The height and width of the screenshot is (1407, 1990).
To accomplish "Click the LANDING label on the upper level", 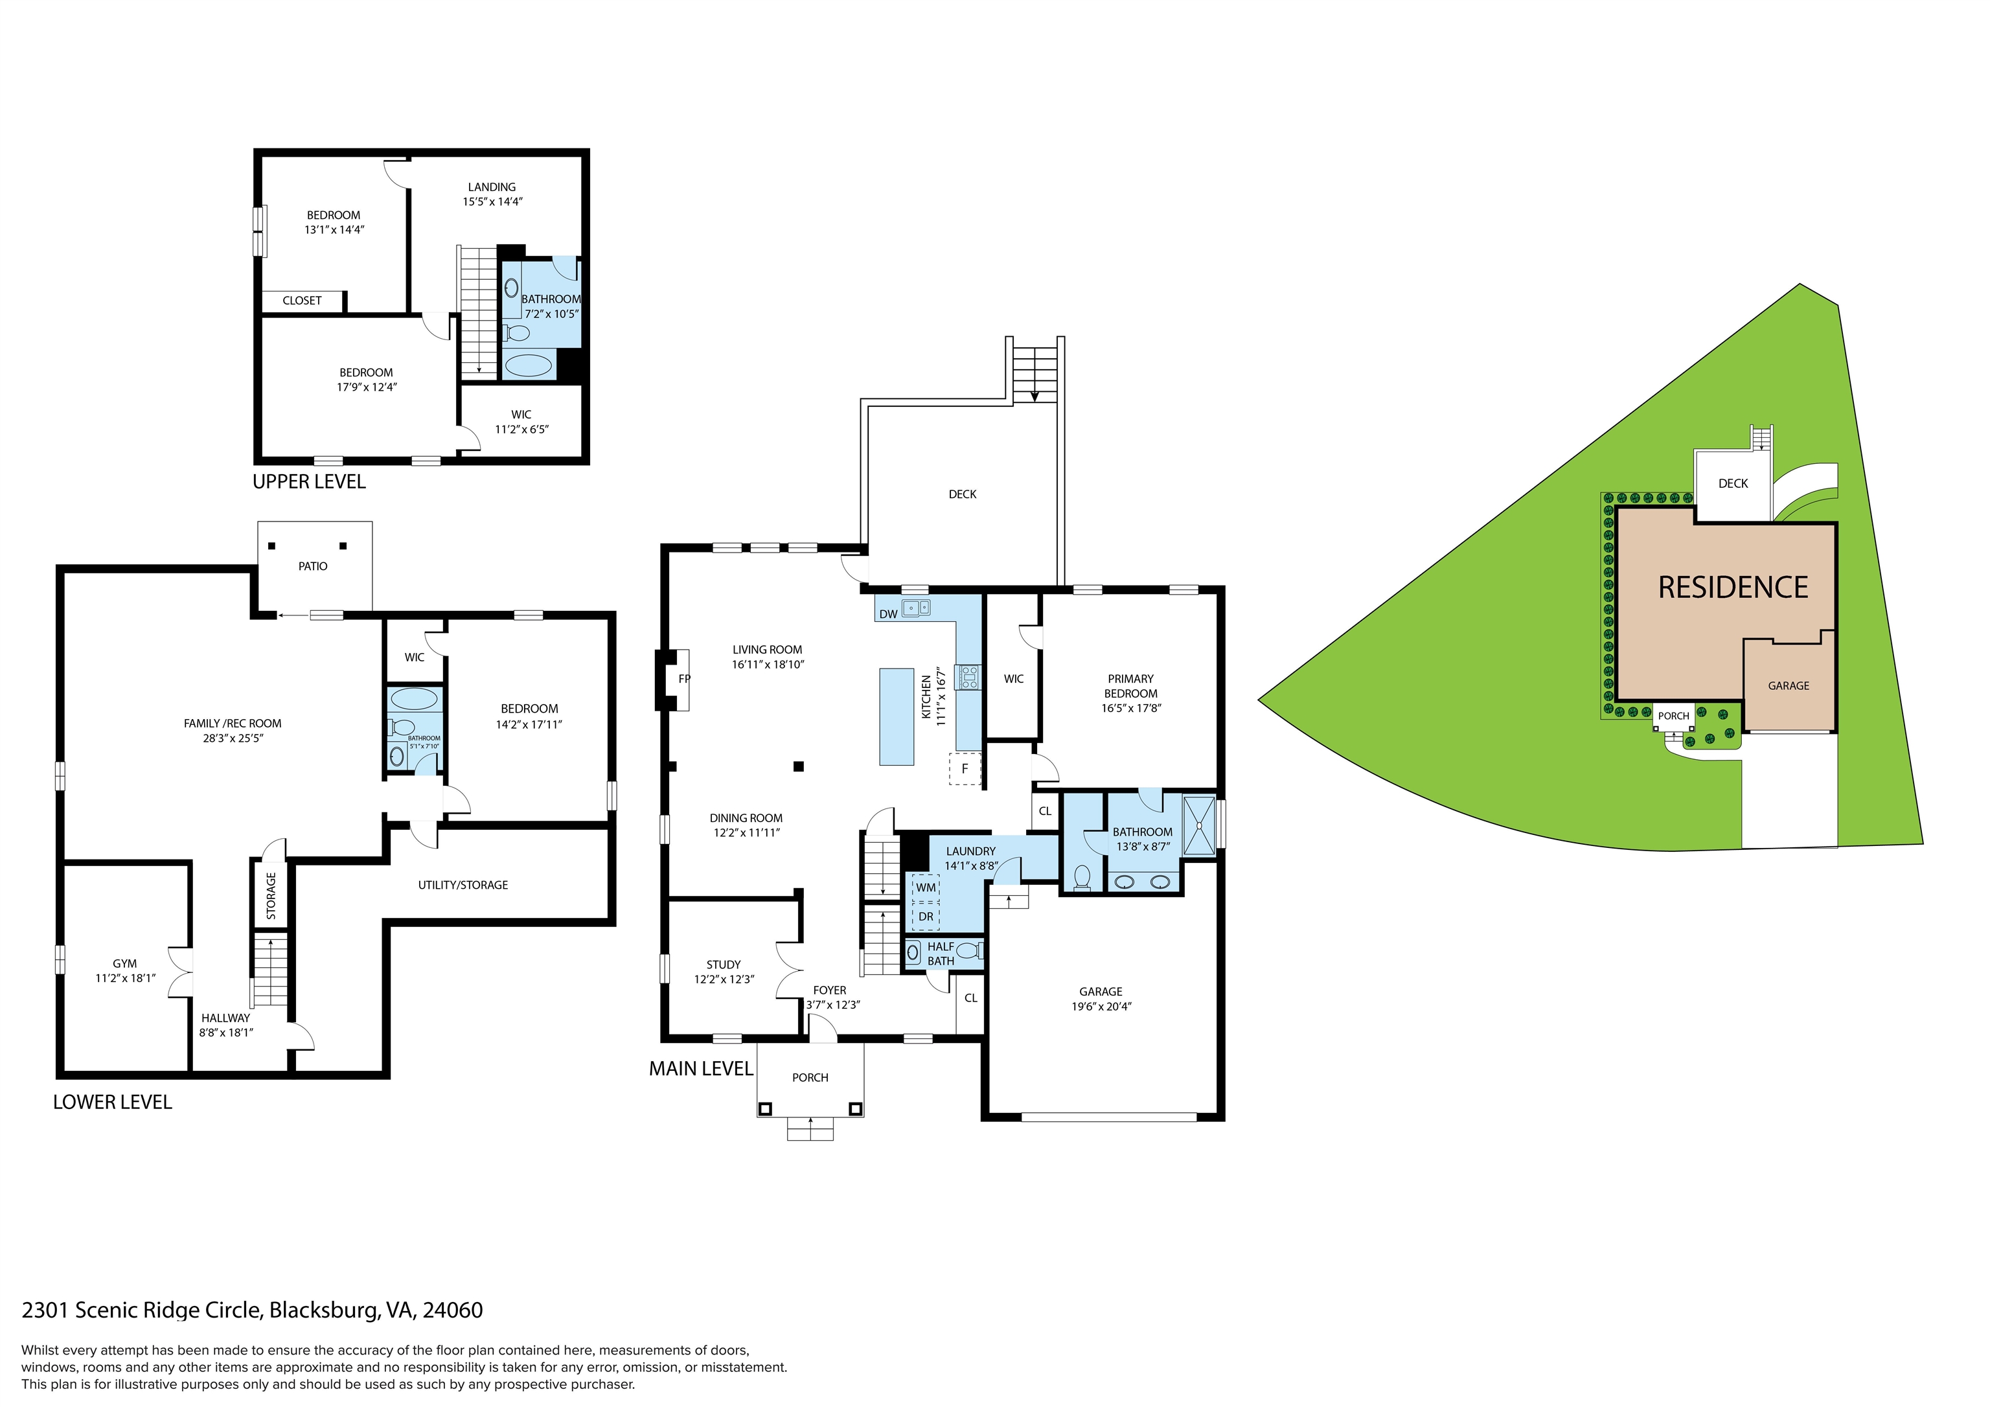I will click(492, 187).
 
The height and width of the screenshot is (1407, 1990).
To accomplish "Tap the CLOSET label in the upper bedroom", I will click(302, 301).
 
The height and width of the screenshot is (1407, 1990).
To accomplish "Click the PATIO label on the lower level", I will click(313, 566).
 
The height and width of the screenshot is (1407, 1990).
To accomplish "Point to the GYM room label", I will click(125, 963).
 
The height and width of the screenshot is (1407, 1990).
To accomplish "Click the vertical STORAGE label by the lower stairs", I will click(270, 895).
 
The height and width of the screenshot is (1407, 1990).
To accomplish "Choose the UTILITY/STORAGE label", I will click(463, 885).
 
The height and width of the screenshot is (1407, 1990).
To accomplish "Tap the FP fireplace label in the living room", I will click(684, 679).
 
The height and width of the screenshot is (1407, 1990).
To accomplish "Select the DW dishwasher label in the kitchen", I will click(887, 615).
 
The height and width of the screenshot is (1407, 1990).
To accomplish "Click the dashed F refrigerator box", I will click(965, 768).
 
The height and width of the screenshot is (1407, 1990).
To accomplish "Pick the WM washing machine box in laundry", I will click(926, 887).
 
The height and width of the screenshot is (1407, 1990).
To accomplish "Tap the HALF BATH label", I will click(941, 954).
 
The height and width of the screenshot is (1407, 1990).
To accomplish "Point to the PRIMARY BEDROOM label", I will click(1130, 686).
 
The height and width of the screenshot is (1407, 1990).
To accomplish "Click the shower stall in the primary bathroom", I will click(1200, 823).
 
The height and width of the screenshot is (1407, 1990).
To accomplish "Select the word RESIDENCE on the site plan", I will click(1733, 587).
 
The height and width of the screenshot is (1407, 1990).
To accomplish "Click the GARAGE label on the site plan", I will click(1788, 686).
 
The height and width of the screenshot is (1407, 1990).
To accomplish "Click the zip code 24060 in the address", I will click(452, 1310).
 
